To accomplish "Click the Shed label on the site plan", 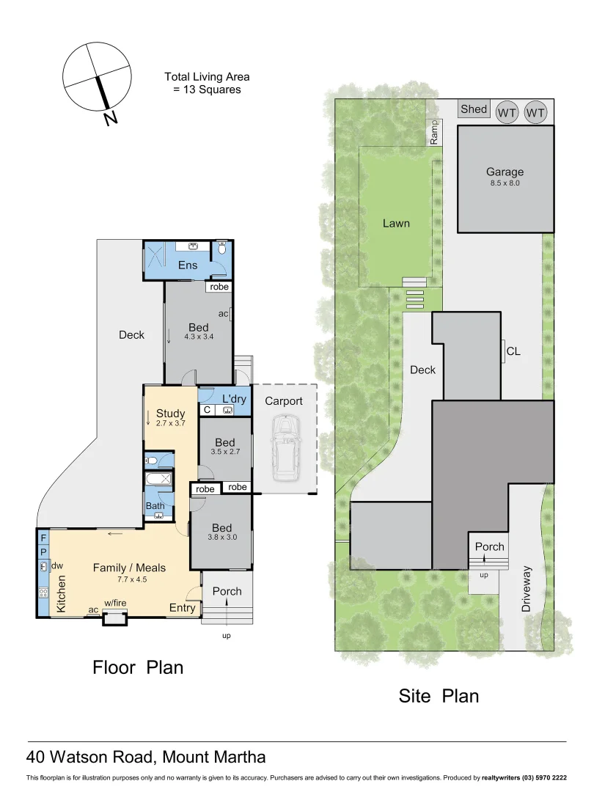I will tap(473, 109).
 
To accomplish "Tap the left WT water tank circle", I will tap(507, 112).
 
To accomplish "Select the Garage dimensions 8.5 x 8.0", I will tap(505, 183).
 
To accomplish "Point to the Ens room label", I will tap(188, 265).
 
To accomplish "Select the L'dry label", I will tap(234, 398).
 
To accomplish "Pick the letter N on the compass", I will tap(110, 119).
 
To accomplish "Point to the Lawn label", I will tap(396, 224).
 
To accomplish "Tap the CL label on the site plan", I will tap(513, 351).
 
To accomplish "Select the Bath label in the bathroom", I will tap(155, 505).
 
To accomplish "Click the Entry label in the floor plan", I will tap(183, 607).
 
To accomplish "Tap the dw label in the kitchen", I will tap(57, 565).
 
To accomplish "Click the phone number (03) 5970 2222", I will tap(542, 777).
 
